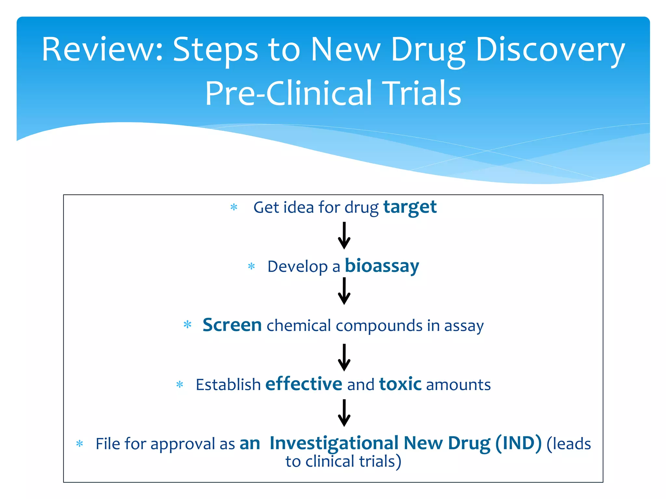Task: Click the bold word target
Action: coord(410,207)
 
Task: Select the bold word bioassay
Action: coord(382,266)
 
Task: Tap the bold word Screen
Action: coord(232,325)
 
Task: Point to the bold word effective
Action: coord(304,384)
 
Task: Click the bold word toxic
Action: coord(400,384)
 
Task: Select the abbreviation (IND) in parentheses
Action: coord(518,443)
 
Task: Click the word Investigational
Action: coord(334,443)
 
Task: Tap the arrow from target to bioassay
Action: coord(344,236)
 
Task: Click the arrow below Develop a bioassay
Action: coord(344,291)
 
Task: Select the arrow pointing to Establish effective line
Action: coord(344,357)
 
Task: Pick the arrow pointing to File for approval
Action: coord(344,413)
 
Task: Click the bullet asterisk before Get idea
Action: coord(234,207)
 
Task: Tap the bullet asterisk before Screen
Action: coord(187,325)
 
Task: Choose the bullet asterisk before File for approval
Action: coord(79,444)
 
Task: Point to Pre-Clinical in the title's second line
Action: coord(288,94)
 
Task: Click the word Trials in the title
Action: coord(421,94)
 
